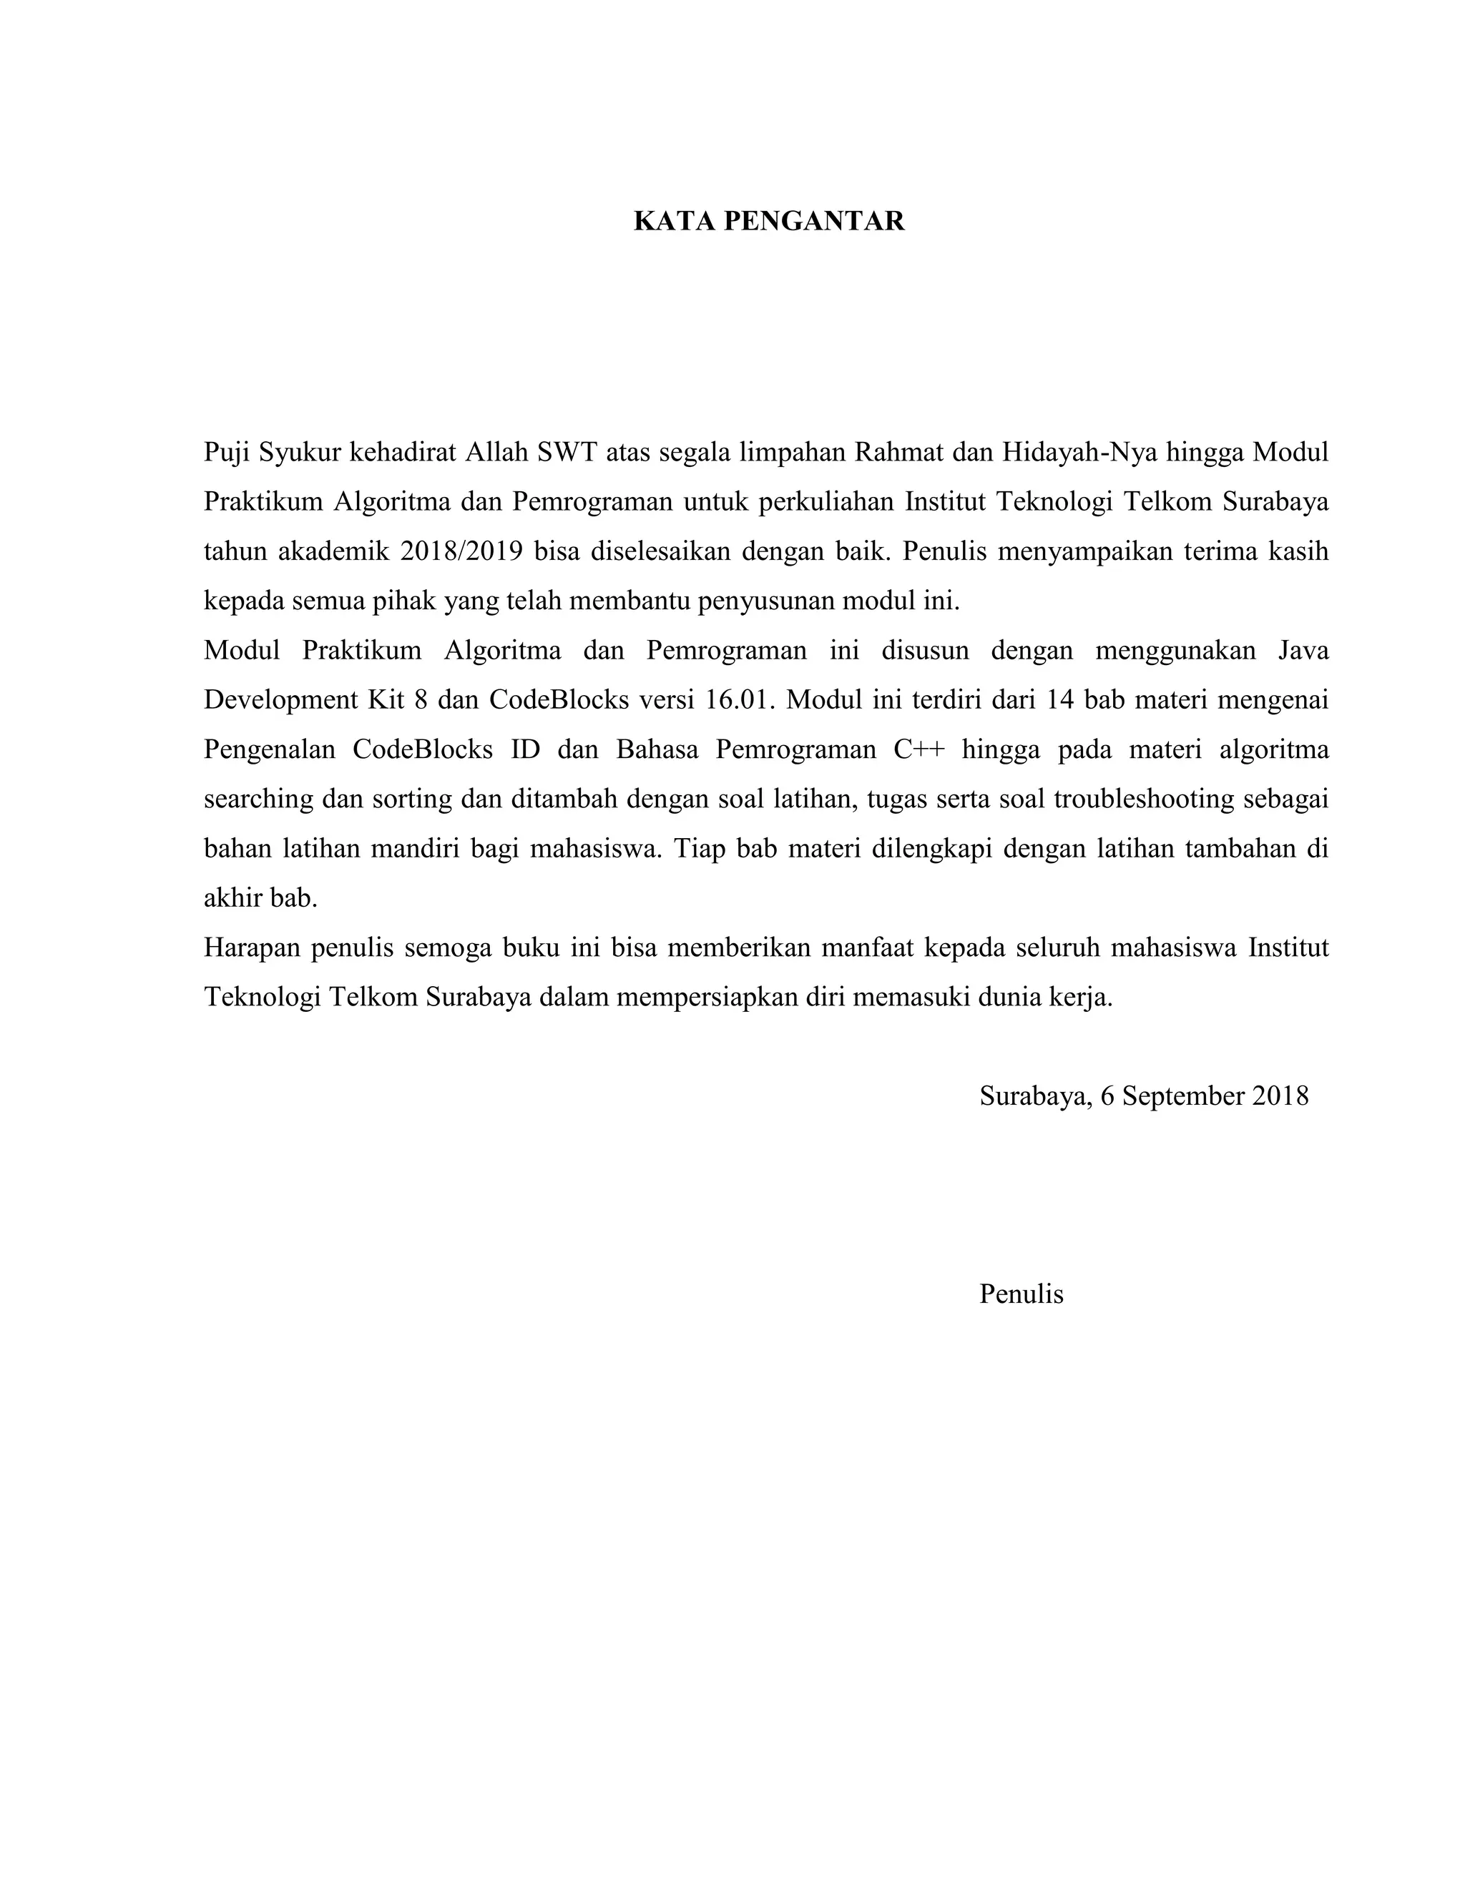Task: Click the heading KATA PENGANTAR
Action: (769, 221)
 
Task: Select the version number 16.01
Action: (736, 700)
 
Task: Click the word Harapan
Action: (252, 947)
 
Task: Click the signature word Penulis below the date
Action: (1021, 1294)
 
